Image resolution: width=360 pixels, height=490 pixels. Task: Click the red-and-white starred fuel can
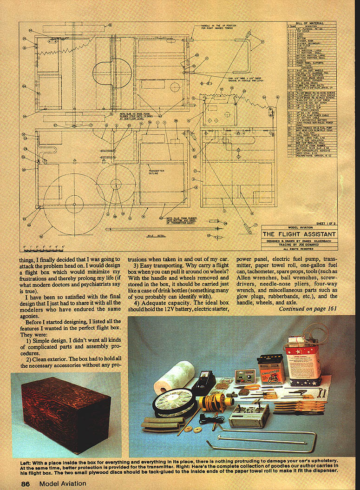303,360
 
